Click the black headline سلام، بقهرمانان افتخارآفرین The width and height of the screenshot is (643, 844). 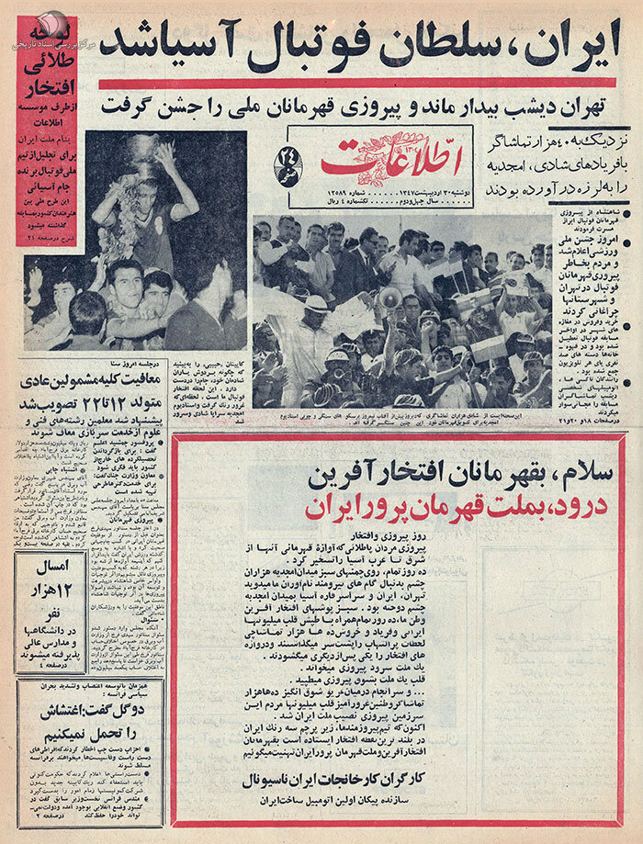coord(400,475)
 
